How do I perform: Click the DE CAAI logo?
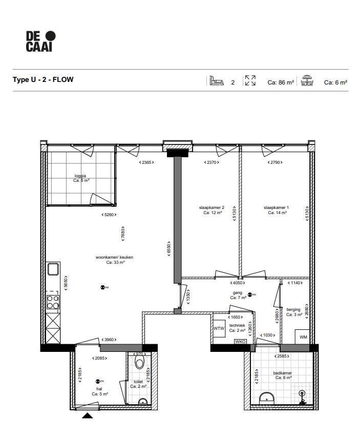point(40,41)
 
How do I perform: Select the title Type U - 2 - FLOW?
point(43,80)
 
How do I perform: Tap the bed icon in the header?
point(217,81)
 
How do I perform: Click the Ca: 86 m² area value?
point(280,82)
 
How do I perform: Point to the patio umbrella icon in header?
point(307,80)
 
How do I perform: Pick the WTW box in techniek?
point(219,328)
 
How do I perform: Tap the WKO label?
point(241,342)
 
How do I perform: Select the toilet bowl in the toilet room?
point(139,363)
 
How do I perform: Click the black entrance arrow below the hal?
point(88,416)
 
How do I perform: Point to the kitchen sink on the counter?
point(53,269)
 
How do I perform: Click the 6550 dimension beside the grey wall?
point(169,250)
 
